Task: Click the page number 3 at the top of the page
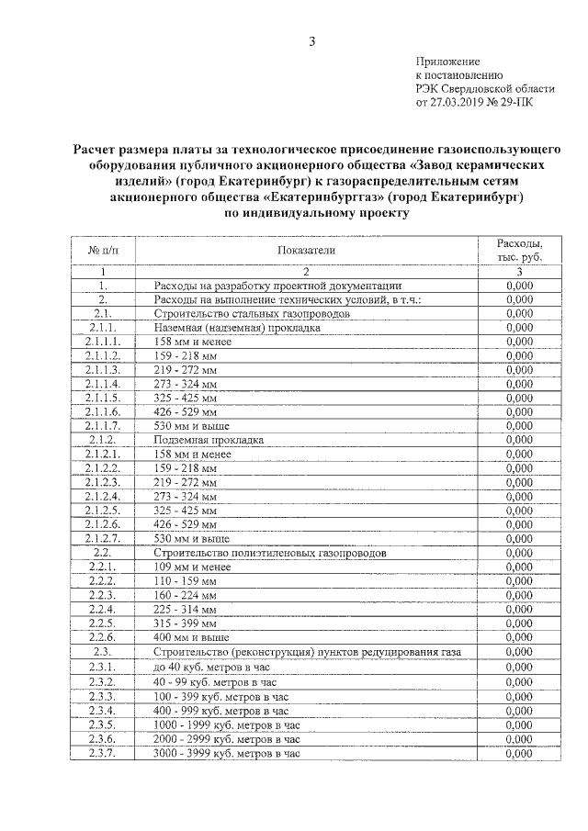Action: tap(311, 41)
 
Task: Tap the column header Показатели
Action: tap(306, 250)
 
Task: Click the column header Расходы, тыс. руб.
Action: tap(519, 250)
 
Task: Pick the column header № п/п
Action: tap(103, 250)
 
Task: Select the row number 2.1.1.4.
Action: tap(103, 383)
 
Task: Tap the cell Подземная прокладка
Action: tap(209, 440)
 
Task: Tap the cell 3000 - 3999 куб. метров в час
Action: tap(227, 753)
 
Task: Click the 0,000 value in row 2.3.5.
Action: tap(519, 724)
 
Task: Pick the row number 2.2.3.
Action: tap(103, 595)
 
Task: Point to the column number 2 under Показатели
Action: tap(306, 272)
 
